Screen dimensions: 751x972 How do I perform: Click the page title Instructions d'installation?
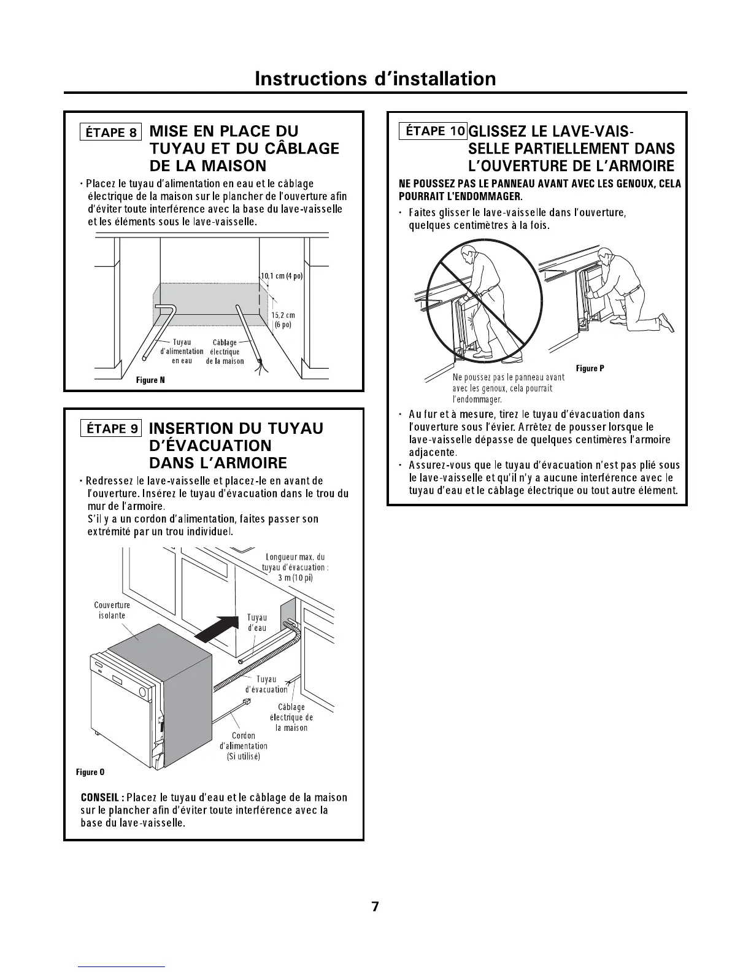pyautogui.click(x=375, y=79)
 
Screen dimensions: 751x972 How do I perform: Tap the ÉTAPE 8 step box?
pyautogui.click(x=111, y=132)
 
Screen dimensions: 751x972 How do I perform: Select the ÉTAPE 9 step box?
pyautogui.click(x=111, y=428)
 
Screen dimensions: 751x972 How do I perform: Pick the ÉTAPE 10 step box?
pyautogui.click(x=433, y=131)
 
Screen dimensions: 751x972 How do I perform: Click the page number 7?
pyautogui.click(x=375, y=907)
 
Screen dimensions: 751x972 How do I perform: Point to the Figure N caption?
pyautogui.click(x=150, y=380)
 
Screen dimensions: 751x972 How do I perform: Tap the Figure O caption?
pyautogui.click(x=90, y=771)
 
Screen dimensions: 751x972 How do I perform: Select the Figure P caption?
pyautogui.click(x=590, y=368)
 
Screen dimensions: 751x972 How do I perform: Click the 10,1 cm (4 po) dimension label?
pyautogui.click(x=282, y=276)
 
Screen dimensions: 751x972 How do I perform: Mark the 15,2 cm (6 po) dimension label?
pyautogui.click(x=283, y=320)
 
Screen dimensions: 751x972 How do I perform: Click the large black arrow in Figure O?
pyautogui.click(x=220, y=627)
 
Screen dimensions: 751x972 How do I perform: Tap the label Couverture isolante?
pyautogui.click(x=112, y=610)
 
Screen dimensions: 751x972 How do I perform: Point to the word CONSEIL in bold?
pyautogui.click(x=99, y=798)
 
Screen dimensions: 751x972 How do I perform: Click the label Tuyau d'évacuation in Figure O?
pyautogui.click(x=266, y=684)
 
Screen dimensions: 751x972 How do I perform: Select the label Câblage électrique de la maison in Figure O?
pyautogui.click(x=291, y=717)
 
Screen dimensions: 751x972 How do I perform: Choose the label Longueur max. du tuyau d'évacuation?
pyautogui.click(x=295, y=567)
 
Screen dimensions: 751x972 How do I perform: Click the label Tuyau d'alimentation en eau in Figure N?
pyautogui.click(x=182, y=352)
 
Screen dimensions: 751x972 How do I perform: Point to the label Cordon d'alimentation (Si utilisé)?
pyautogui.click(x=243, y=746)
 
